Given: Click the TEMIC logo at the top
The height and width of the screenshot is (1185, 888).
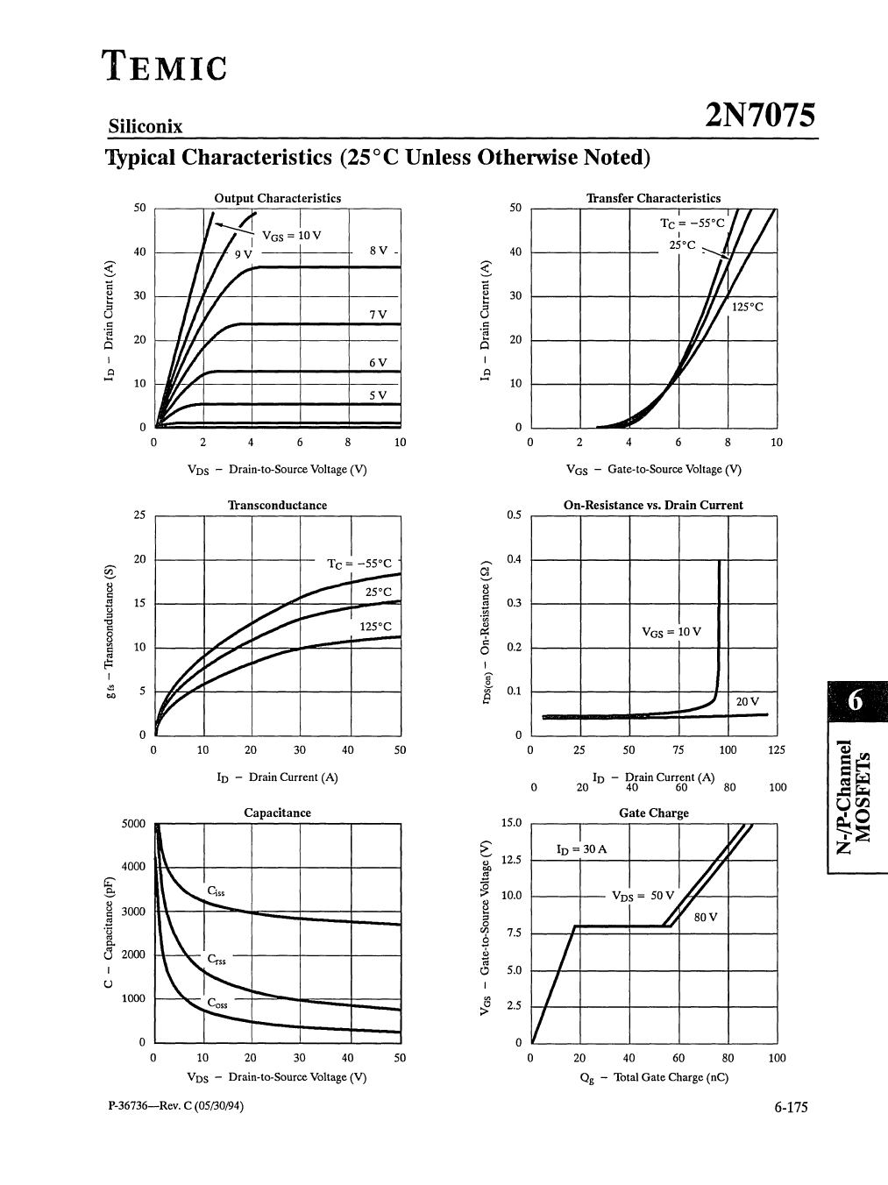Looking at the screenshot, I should (165, 66).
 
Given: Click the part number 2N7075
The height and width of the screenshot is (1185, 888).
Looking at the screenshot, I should (759, 117).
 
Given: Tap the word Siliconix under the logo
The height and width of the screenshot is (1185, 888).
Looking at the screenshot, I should (146, 126).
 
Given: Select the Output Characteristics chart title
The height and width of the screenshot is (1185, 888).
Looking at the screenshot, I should (278, 199).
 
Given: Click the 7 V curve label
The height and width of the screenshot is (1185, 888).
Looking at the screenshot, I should (378, 314).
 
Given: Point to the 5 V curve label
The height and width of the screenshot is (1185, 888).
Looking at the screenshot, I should (378, 395).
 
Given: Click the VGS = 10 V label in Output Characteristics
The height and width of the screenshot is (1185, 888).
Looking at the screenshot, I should (292, 236).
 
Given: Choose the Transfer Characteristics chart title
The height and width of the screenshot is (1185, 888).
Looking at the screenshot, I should (654, 199).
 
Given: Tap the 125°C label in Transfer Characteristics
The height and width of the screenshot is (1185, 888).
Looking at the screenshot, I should (747, 307).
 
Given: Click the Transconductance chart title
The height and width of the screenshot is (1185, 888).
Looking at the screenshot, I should (277, 506).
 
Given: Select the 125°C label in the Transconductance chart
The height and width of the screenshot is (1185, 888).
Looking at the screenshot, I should (375, 627).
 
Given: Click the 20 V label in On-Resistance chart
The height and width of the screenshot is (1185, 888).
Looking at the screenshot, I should (747, 701).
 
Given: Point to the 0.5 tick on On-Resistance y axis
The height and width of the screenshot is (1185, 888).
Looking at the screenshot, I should (514, 515).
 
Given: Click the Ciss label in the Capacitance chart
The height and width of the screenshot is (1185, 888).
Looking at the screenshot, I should (216, 891).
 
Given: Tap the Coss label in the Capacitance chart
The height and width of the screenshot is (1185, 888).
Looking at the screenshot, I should (217, 1003).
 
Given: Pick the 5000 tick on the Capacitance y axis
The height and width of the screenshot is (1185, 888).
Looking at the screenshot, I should (133, 824).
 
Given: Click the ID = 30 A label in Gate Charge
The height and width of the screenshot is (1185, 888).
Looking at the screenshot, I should (581, 849).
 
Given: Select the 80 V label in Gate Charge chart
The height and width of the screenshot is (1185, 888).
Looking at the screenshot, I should (705, 917).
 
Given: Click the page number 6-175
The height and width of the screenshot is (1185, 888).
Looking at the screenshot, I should (791, 1108).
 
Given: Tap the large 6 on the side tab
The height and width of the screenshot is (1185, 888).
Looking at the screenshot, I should (856, 700).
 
